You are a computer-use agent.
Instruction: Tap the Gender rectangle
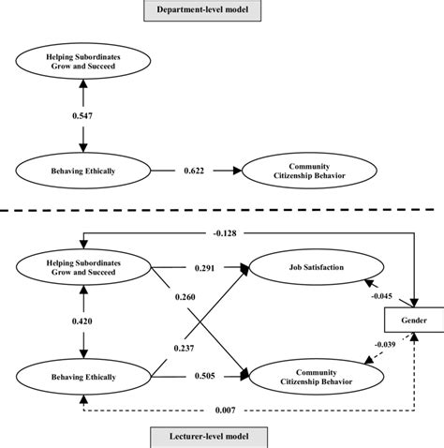[x=412, y=321]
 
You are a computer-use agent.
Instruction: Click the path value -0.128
[x=220, y=233]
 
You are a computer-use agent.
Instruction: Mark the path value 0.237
[x=186, y=348]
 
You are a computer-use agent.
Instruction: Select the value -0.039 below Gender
[x=385, y=343]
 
